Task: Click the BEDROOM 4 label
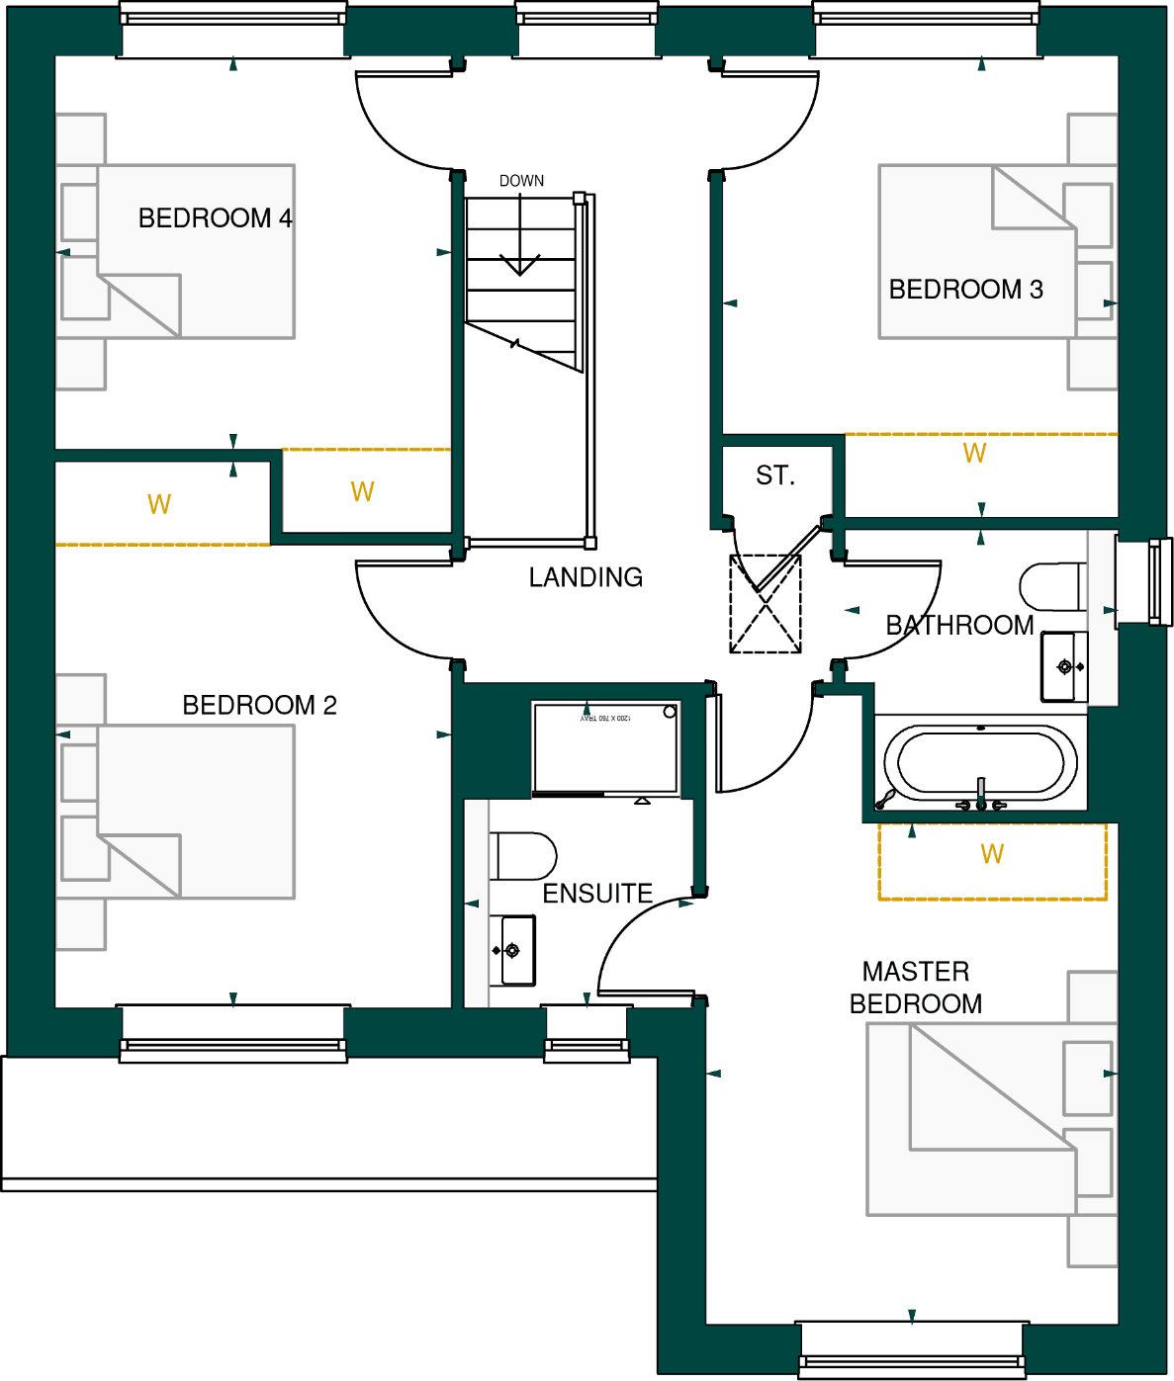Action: (215, 217)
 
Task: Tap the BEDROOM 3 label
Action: (965, 290)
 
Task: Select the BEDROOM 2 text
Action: (259, 705)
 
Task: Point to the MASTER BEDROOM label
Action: (916, 988)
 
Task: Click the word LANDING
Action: (586, 577)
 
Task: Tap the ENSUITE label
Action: (597, 894)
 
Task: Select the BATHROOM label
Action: (959, 626)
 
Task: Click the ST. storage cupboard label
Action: (775, 476)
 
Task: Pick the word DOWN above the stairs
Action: (521, 181)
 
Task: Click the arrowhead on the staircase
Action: (519, 266)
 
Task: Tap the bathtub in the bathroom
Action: (980, 763)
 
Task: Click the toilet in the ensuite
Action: (523, 856)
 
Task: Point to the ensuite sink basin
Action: (514, 951)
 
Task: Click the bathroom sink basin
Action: (1064, 667)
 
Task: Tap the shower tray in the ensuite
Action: (605, 747)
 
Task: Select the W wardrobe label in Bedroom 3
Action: (974, 454)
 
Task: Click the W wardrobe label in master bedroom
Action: (992, 854)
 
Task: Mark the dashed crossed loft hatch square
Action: (766, 604)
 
